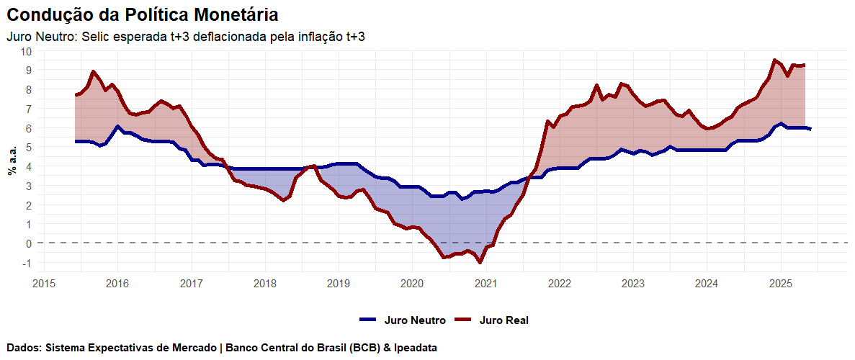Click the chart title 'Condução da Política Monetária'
(x=143, y=14)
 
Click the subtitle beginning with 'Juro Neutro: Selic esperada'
(x=185, y=37)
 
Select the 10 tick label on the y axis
(x=26, y=51)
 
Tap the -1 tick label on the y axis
(x=26, y=263)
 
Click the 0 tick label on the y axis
(x=29, y=243)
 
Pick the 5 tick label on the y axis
(x=29, y=147)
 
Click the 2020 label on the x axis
(x=412, y=284)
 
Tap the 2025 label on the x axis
(x=781, y=284)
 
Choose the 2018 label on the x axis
(x=264, y=284)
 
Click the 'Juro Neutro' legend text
(x=415, y=320)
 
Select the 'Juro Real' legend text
(x=503, y=320)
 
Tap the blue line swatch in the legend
(x=368, y=320)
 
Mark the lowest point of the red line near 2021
(x=480, y=262)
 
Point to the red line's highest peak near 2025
(x=774, y=60)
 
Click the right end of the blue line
(x=810, y=129)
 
